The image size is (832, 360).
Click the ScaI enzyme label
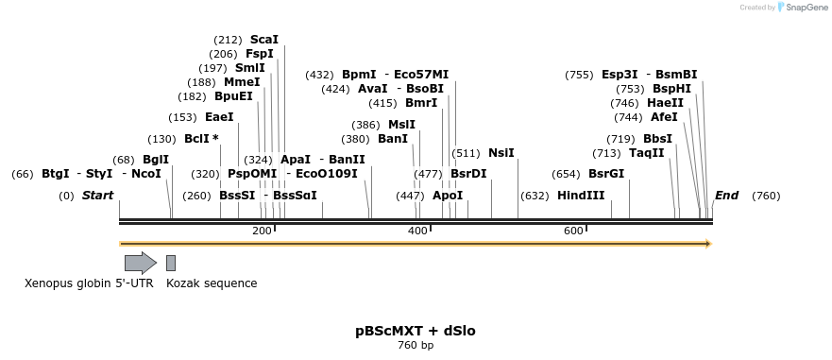(264, 40)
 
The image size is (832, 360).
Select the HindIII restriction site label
(581, 196)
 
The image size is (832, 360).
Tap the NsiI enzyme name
(501, 153)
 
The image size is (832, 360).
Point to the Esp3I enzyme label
(620, 75)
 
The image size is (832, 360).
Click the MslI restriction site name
(401, 124)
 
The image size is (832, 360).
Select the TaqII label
(647, 153)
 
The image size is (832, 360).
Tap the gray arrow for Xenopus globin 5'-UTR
(140, 263)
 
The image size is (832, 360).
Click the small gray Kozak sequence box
(171, 263)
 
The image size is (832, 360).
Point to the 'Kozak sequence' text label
(212, 283)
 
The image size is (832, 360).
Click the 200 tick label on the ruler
(262, 231)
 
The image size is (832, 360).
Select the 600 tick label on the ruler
(573, 231)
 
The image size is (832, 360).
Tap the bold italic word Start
(98, 196)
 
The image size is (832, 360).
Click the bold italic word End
(726, 196)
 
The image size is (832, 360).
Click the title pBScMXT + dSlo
(416, 331)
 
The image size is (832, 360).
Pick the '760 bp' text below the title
(416, 346)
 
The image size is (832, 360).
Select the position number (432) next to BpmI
(319, 75)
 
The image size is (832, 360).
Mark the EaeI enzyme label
(219, 117)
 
